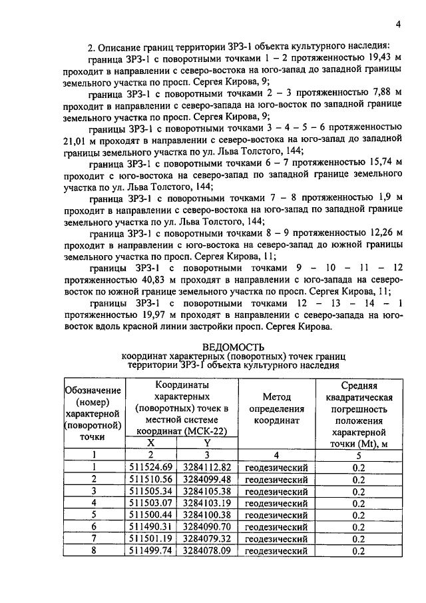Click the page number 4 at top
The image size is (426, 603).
(397, 25)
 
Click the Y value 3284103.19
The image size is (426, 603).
(207, 502)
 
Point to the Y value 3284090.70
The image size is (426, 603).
(207, 526)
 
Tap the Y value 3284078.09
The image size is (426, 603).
(207, 550)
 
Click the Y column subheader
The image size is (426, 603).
(207, 442)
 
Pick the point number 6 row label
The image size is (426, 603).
(94, 526)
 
